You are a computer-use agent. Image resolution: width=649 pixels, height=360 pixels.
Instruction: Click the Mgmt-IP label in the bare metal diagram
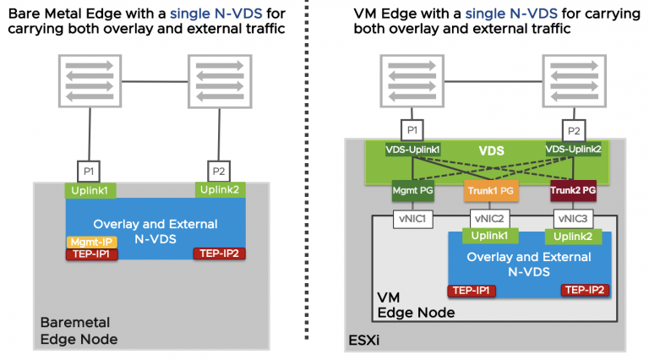point(86,242)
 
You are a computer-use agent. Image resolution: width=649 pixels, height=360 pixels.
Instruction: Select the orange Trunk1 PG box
point(490,192)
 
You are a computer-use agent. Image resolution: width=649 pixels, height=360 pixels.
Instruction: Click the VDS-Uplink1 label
point(413,150)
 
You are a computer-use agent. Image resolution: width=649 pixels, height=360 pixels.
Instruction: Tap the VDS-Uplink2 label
point(574,150)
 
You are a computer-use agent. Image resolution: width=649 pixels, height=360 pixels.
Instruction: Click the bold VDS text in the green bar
point(492,152)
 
